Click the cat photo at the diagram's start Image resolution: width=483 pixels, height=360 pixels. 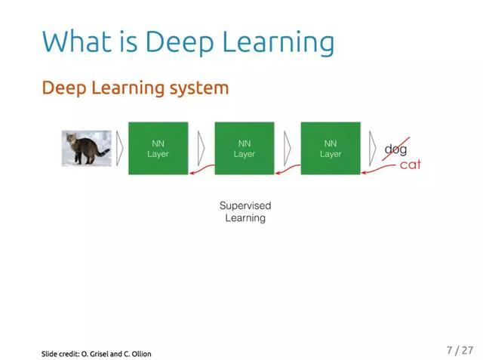[x=86, y=148]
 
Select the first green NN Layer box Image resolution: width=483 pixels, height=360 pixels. [x=158, y=148]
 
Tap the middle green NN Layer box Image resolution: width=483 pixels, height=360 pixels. [x=244, y=148]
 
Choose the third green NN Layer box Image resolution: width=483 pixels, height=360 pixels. [x=330, y=148]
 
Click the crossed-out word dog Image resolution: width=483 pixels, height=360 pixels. [x=395, y=149]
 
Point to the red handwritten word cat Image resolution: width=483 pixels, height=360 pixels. [x=410, y=165]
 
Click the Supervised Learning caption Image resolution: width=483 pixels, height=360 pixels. [x=245, y=211]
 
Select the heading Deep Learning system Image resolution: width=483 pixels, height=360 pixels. [x=135, y=88]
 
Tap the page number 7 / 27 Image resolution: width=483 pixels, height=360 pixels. [x=460, y=350]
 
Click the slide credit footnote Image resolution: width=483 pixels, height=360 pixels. [x=96, y=353]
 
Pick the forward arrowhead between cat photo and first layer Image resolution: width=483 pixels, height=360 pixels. [x=119, y=148]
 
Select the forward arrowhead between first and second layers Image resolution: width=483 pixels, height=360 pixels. [x=201, y=148]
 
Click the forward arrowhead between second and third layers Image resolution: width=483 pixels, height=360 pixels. [x=288, y=148]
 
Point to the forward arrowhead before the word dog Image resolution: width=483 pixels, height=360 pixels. [x=373, y=148]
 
